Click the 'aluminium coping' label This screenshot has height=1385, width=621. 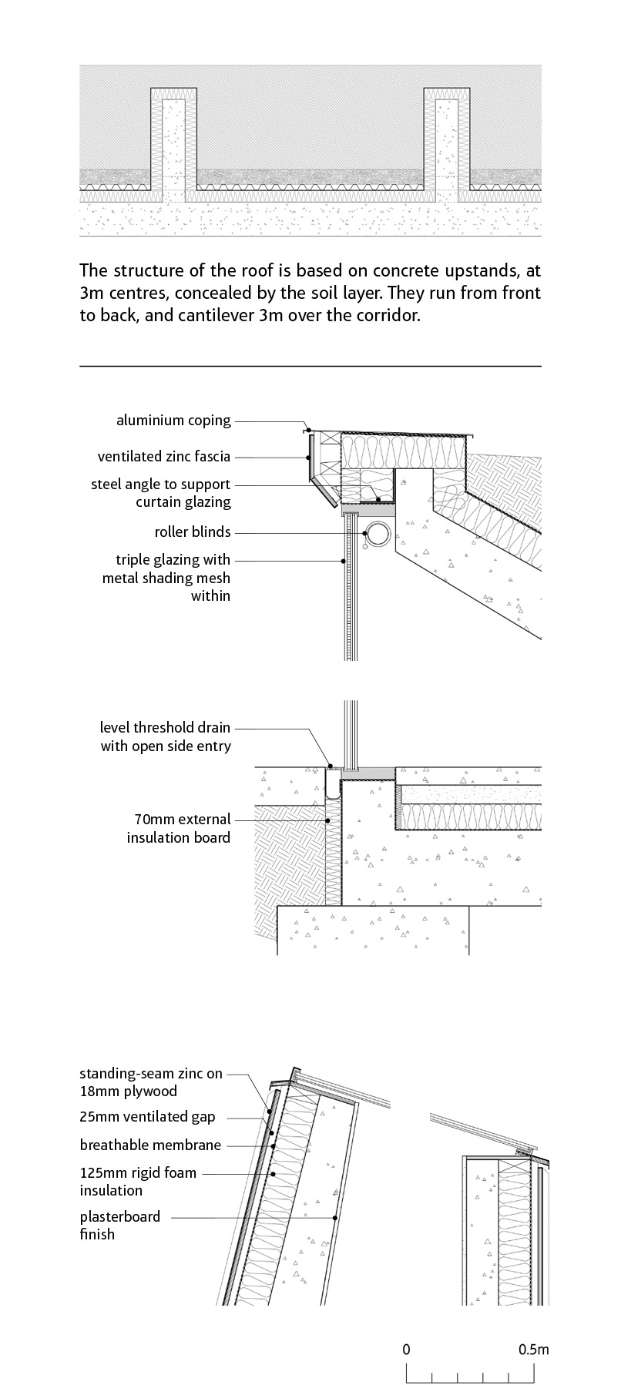(x=173, y=421)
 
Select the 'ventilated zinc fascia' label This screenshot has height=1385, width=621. (x=163, y=457)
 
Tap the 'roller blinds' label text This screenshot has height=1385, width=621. (x=192, y=532)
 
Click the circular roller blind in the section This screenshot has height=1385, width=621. (x=378, y=533)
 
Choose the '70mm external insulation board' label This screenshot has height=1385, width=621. (x=178, y=829)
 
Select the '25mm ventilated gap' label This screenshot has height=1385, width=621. (x=147, y=1117)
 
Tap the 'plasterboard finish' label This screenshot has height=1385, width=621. (x=120, y=1226)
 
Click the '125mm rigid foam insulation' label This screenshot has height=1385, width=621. (x=138, y=1182)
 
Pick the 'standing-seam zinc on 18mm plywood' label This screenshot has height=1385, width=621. (x=151, y=1082)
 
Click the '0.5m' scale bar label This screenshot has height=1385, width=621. (x=533, y=1350)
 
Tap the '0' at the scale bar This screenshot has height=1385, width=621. (x=406, y=1350)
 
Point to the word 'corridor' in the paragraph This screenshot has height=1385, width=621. (x=388, y=316)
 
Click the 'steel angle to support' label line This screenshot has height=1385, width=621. (x=160, y=485)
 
